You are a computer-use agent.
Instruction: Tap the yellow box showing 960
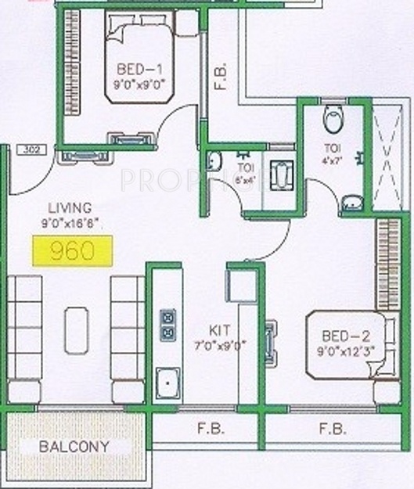pos(72,250)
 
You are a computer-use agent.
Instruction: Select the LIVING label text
pos(70,207)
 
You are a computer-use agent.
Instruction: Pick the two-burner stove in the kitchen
pos(167,325)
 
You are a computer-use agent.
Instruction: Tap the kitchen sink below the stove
pos(167,383)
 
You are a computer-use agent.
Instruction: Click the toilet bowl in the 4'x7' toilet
pos(333,120)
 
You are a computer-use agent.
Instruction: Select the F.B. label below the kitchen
pos(211,430)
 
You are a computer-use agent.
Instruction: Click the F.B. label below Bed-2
pos(333,430)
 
